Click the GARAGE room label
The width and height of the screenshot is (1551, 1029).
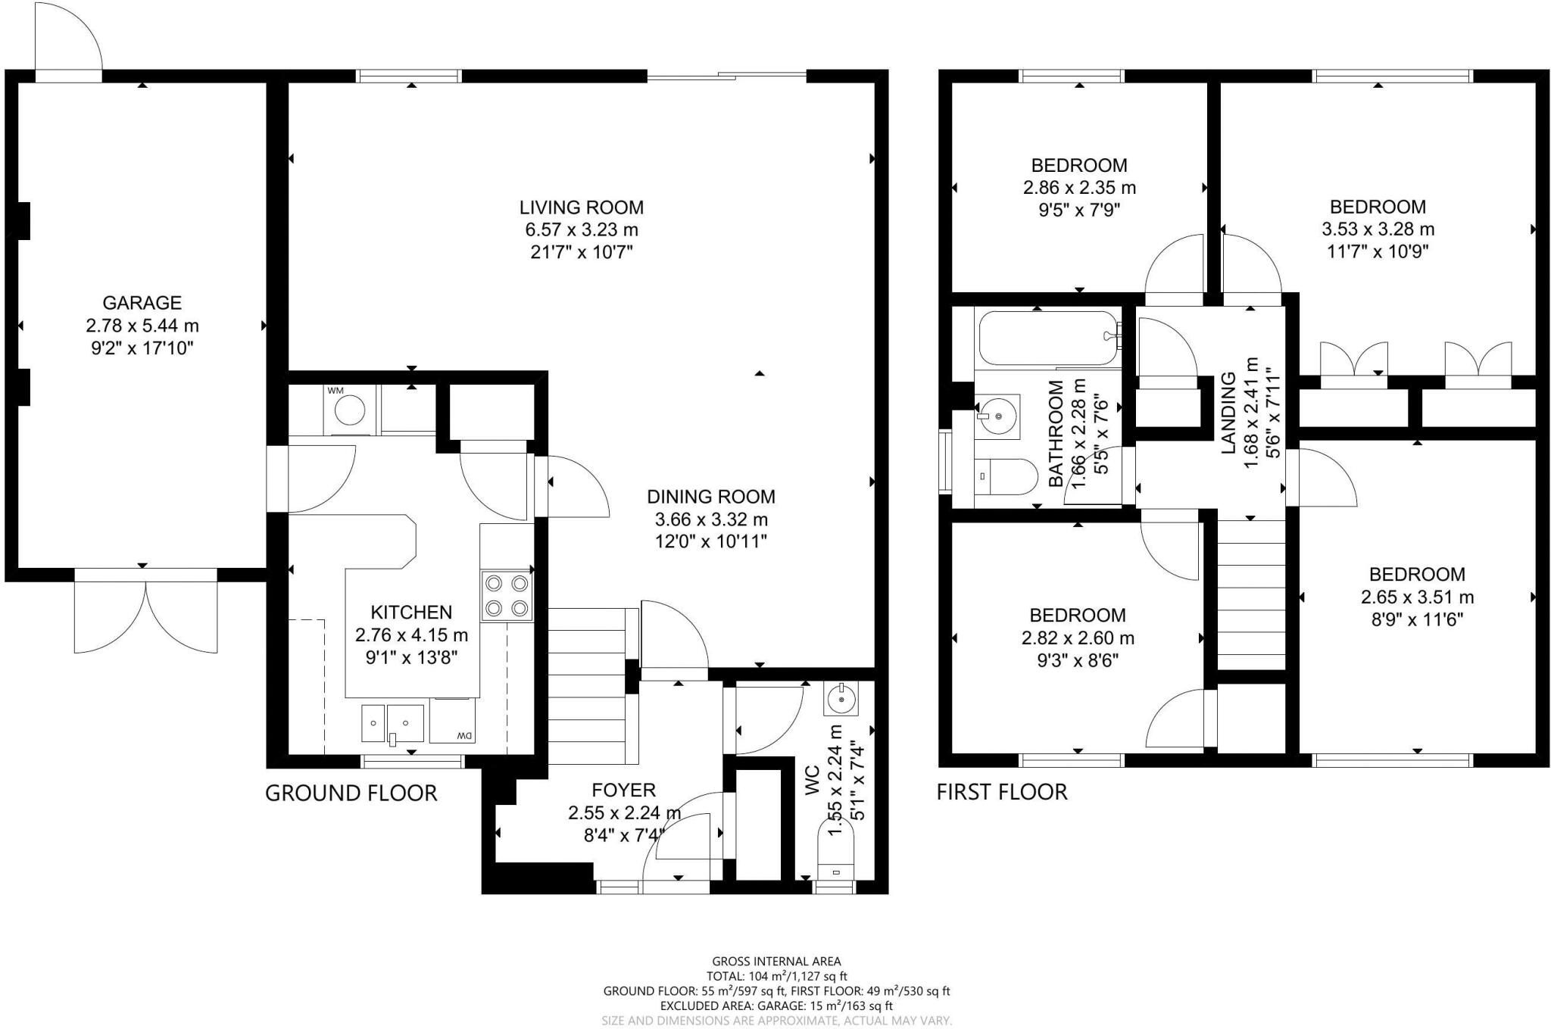pyautogui.click(x=142, y=303)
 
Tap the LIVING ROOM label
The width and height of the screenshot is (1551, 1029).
pyautogui.click(x=582, y=207)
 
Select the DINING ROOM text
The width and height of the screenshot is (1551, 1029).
pyautogui.click(x=711, y=497)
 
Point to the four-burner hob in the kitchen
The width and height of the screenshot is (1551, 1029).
pyautogui.click(x=507, y=595)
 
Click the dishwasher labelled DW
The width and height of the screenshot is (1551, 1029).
pyautogui.click(x=452, y=721)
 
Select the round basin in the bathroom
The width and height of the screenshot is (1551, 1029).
pyautogui.click(x=998, y=416)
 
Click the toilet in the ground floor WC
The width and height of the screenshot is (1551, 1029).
pyautogui.click(x=836, y=851)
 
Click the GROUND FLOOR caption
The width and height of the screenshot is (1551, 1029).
pyautogui.click(x=351, y=793)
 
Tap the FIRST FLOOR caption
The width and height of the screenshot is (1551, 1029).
pyautogui.click(x=1002, y=792)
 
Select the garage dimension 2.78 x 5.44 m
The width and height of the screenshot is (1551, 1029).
pyautogui.click(x=142, y=326)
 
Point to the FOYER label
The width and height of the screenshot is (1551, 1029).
pyautogui.click(x=623, y=790)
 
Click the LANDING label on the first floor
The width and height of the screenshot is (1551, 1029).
pyautogui.click(x=1228, y=413)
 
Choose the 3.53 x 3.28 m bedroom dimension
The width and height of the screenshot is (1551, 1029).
pyautogui.click(x=1378, y=229)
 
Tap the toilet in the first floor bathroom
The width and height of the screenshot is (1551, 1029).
pyautogui.click(x=1006, y=476)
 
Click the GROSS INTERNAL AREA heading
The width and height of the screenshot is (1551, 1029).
pyautogui.click(x=776, y=962)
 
